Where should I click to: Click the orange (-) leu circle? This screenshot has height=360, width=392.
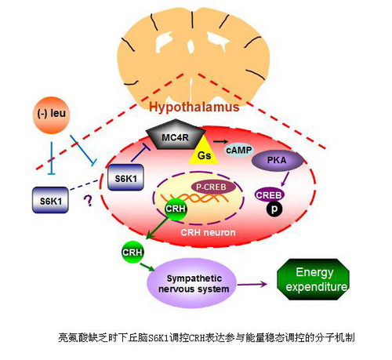(51, 115)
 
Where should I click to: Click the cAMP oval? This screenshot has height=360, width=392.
(238, 150)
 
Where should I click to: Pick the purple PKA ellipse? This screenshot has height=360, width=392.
(278, 160)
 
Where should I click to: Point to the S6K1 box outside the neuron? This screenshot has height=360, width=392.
(51, 201)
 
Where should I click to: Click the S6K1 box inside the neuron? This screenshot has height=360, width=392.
(125, 178)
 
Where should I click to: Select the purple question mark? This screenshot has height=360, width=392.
(89, 201)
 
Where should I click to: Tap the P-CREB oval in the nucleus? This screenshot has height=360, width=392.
(211, 187)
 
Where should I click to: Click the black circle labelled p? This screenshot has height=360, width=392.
(274, 209)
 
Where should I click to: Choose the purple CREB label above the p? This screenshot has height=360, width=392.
(269, 195)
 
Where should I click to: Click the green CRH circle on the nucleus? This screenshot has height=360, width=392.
(176, 209)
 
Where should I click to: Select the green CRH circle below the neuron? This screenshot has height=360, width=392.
(132, 253)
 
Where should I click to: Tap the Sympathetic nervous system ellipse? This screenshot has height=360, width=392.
(192, 283)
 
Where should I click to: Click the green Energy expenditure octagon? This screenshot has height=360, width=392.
(314, 279)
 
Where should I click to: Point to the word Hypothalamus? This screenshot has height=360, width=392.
(194, 107)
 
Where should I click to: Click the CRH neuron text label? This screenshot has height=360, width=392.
(208, 232)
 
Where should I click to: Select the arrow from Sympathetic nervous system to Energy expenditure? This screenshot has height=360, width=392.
(252, 284)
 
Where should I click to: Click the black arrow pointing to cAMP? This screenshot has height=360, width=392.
(220, 141)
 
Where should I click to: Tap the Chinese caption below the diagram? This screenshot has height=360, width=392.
(206, 337)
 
